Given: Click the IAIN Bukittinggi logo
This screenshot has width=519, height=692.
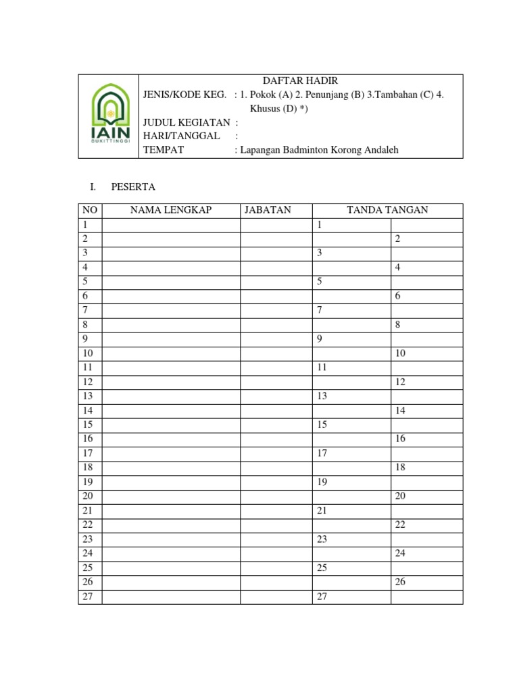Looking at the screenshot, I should (109, 117).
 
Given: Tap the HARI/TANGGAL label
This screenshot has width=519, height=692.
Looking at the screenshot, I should (181, 136).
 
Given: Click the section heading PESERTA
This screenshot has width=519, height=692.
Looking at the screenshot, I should (134, 187).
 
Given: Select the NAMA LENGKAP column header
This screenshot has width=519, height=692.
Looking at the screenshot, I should (170, 210).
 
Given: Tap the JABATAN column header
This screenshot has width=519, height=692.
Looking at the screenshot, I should (268, 210).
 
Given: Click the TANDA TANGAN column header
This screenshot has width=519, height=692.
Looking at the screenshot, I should (387, 210).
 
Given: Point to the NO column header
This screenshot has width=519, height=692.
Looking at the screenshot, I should (90, 210).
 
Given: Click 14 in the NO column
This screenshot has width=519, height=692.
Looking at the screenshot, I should (88, 410).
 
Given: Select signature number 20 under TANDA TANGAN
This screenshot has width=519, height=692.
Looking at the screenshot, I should (400, 496).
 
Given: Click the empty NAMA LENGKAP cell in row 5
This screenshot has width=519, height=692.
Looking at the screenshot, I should (170, 282).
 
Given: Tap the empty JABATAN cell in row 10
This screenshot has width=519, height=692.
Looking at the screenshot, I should (276, 353).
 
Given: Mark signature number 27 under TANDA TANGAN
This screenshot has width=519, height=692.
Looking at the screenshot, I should (322, 597).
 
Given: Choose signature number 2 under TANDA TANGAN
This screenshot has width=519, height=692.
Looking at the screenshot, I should (398, 239).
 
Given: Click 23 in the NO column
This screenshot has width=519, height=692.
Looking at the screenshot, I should (88, 539).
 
